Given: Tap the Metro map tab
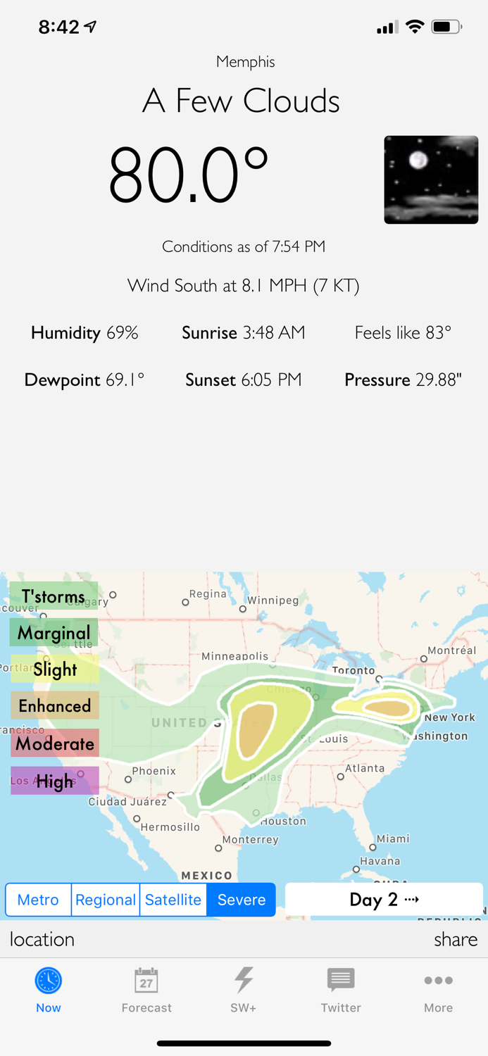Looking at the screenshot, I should [x=38, y=900].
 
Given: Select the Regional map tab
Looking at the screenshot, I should [x=106, y=900].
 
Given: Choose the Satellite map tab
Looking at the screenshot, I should [x=173, y=900].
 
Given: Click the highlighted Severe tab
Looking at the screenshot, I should [x=241, y=900].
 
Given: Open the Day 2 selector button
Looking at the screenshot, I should [x=384, y=900].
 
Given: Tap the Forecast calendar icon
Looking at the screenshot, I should [x=146, y=980].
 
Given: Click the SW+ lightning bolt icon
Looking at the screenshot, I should [x=244, y=980].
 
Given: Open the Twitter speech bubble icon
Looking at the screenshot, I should [x=341, y=980].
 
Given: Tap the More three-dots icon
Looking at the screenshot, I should [x=438, y=980].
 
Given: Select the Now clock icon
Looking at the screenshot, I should [x=49, y=980].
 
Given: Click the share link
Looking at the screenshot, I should [x=456, y=939].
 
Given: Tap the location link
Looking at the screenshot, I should [x=42, y=939].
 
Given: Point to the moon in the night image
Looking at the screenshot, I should [x=419, y=160].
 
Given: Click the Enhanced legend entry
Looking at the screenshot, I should [x=55, y=706].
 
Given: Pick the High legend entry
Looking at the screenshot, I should [x=55, y=781].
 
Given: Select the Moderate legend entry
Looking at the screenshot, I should [x=55, y=743].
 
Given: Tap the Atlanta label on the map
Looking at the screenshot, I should [x=365, y=768].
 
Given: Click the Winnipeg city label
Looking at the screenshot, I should [x=273, y=601].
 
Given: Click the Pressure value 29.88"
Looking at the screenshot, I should [x=438, y=380].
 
